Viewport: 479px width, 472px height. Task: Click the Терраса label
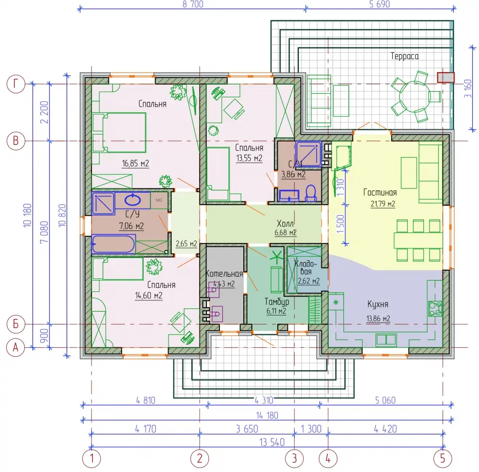tap(404, 56)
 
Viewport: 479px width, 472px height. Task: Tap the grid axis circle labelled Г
tap(16, 84)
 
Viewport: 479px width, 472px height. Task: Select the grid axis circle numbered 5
tap(443, 458)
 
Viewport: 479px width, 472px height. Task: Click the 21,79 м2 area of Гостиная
tap(383, 204)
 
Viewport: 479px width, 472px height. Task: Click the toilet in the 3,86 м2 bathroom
tap(311, 193)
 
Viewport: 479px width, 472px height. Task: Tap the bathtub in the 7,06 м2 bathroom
tap(114, 244)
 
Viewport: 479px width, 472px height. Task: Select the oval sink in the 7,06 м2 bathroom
tap(133, 200)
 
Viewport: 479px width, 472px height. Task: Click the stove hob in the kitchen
tap(435, 308)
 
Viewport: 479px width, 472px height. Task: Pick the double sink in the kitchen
tap(386, 340)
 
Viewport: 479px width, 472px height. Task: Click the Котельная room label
tap(224, 274)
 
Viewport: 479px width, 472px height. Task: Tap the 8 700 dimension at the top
tap(193, 4)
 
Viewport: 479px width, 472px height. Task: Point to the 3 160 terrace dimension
tap(468, 88)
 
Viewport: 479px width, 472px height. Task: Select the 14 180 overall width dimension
tap(267, 415)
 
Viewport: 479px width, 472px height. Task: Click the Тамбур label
tap(277, 302)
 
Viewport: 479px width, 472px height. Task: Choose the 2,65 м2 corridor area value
tap(186, 243)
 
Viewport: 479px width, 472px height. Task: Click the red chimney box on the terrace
tap(445, 77)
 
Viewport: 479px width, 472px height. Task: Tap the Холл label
tap(285, 223)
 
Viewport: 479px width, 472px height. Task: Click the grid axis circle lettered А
tap(16, 347)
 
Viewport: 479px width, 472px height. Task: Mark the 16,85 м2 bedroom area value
tap(136, 164)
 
